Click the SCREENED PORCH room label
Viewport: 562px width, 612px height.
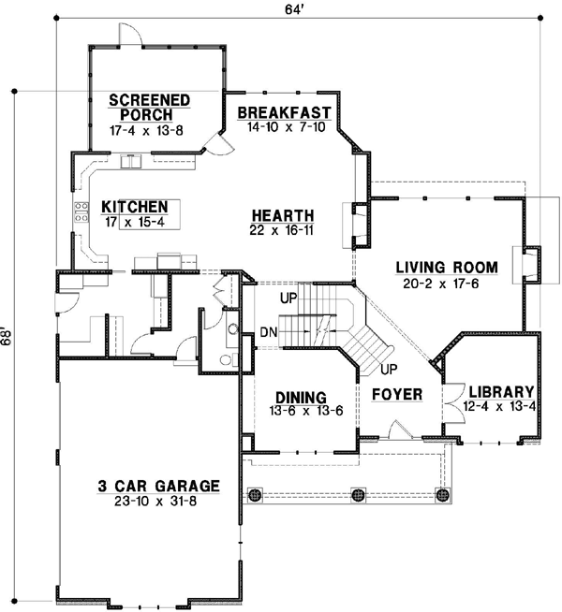[150, 108]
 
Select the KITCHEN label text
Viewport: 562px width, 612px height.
[135, 207]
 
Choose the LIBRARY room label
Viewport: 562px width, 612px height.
[501, 391]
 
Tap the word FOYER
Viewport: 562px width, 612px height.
[395, 393]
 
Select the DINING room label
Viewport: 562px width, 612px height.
[301, 395]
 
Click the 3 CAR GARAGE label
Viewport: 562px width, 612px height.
[157, 486]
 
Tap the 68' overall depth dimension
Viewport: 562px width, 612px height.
[8, 335]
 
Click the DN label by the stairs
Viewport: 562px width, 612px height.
[268, 331]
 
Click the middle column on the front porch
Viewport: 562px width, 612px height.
[357, 494]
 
